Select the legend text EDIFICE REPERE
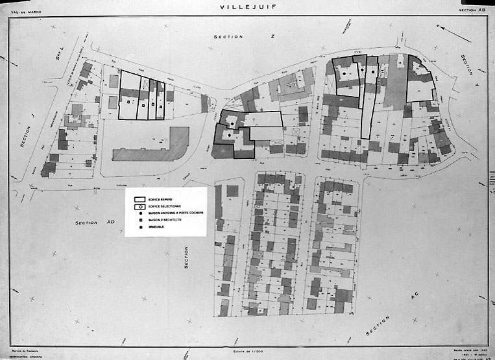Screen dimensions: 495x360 click(162, 199)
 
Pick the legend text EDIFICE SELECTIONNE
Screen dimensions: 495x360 click(165, 206)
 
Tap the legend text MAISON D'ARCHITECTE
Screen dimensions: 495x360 click(164, 220)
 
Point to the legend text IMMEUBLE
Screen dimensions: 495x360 click(156, 227)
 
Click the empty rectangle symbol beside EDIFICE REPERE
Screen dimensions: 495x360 click(139, 199)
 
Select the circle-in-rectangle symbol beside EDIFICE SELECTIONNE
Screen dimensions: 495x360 click(139, 206)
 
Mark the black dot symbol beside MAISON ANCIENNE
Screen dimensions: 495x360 click(139, 213)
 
